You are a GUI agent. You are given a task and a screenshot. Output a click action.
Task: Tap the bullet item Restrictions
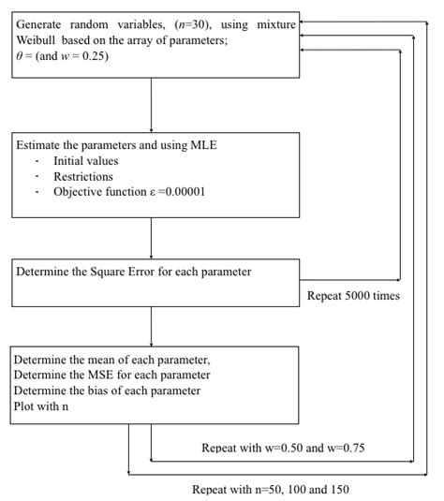coord(82,176)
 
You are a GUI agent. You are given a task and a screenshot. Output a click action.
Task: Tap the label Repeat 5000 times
coord(354,296)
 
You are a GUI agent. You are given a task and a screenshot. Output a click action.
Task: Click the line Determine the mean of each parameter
coord(111,360)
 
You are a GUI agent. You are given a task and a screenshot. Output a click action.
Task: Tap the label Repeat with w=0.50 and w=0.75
coord(283,448)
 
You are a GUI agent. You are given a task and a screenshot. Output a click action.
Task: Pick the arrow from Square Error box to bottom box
coord(151,326)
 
